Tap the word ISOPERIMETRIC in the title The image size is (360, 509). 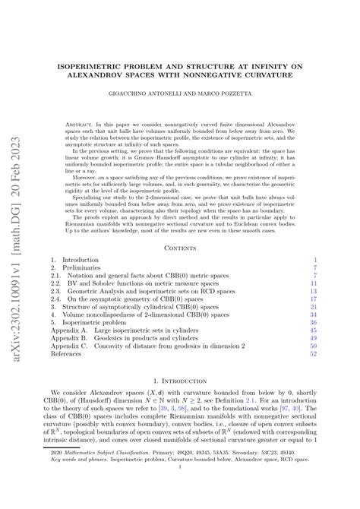point(99,66)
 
